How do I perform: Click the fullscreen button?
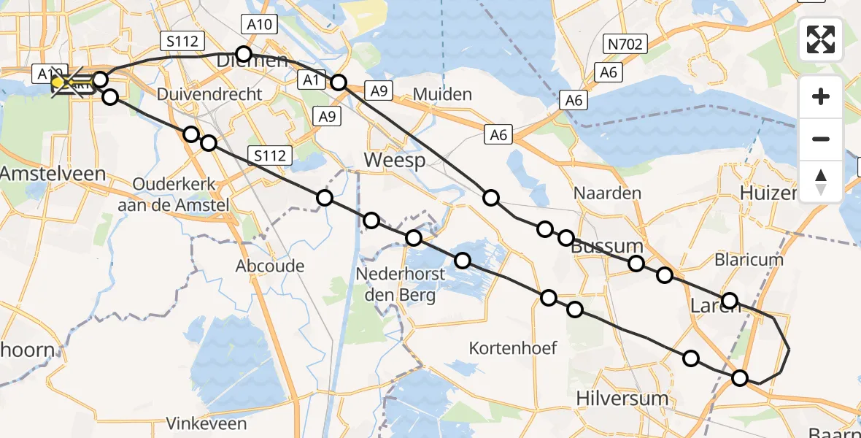tap(821, 39)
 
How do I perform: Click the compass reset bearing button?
tap(821, 181)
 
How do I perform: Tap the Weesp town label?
tap(395, 160)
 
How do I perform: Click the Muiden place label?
tap(442, 94)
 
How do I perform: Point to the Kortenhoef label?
tap(514, 347)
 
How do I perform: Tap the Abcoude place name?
tap(270, 266)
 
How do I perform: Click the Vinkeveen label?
tap(206, 423)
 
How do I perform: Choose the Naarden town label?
tap(607, 193)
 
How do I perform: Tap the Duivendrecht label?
tap(209, 94)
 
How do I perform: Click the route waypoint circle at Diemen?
tap(244, 54)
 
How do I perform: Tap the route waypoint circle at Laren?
tap(729, 300)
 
